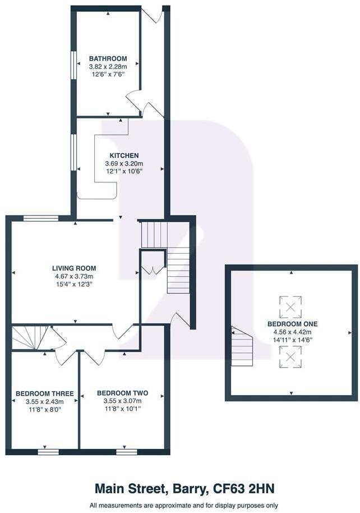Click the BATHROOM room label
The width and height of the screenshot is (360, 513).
(108, 58)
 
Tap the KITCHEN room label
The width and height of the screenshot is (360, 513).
(124, 155)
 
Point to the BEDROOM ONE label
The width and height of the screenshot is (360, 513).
(292, 324)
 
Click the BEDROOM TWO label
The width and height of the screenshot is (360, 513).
(122, 393)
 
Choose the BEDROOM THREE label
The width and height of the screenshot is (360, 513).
(44, 393)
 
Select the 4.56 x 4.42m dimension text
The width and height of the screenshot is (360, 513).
(292, 332)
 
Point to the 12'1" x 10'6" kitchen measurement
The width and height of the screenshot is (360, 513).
(124, 171)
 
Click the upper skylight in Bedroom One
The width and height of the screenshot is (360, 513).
(290, 306)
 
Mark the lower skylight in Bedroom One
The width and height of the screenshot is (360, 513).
(290, 356)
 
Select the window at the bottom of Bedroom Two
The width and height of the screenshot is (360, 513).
(127, 451)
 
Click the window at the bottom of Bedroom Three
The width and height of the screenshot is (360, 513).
(49, 451)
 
